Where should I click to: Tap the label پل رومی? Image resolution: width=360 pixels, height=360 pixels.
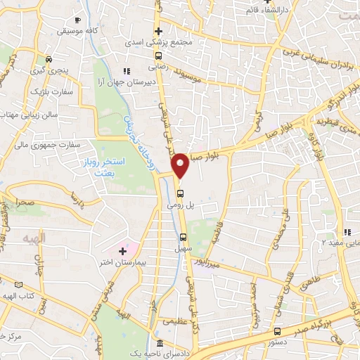tap(179, 207)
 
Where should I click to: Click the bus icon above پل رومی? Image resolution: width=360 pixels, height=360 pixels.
tap(181, 194)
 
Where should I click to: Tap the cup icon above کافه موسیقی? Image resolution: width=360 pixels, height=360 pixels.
tap(77, 19)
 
